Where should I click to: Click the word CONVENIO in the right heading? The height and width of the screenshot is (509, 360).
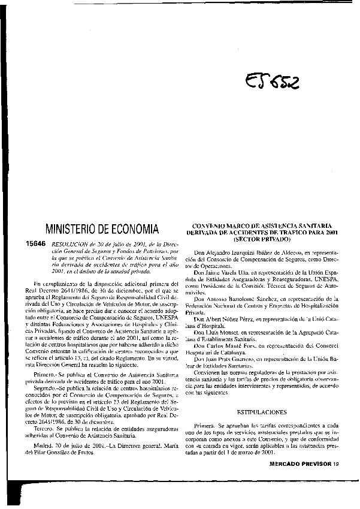click(213, 225)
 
